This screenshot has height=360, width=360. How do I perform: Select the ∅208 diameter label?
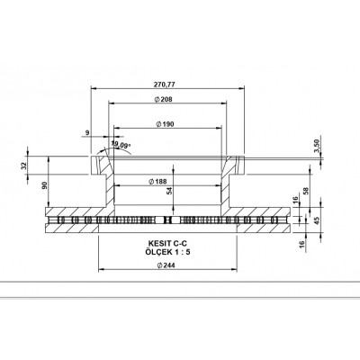coord(163,98)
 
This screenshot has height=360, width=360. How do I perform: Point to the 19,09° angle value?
coord(121,144)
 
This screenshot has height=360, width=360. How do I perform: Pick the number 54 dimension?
coord(170,192)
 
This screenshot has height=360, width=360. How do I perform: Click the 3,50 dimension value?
coord(316,145)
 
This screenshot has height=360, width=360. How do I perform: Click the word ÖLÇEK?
coord(148,253)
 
